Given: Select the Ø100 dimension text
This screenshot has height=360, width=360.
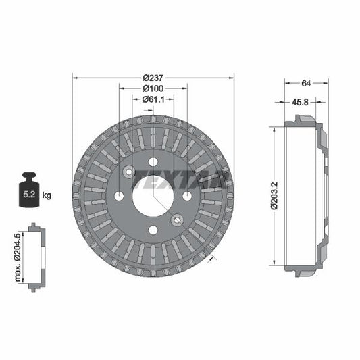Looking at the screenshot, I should pos(153,88).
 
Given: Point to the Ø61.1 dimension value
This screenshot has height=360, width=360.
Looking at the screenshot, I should pos(153,99).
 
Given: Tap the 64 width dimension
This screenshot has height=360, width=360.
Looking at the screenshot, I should pos(306,84).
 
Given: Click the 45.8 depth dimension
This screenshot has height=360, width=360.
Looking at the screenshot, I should pos(301,102).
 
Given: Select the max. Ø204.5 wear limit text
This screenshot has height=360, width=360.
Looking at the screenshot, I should pos(20,257).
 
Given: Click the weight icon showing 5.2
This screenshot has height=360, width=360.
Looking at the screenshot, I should pos(30,191).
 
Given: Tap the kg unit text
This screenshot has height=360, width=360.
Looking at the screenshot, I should pos(47,195).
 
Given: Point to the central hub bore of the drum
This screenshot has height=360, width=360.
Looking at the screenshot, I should pos(153,197).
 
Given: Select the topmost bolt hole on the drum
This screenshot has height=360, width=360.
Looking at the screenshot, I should pos(153,161).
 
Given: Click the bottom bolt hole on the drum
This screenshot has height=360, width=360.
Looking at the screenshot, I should pos(153,230).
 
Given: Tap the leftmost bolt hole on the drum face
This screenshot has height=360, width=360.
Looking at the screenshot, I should pos(119,196).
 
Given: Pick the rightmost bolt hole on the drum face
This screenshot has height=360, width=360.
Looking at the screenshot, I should pos(187,196).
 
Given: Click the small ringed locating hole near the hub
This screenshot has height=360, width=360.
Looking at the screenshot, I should pos(176,219).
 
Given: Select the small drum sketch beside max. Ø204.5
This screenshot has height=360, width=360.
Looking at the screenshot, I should pos(35,257).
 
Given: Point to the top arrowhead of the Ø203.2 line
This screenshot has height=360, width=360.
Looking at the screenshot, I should pos(273,129).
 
